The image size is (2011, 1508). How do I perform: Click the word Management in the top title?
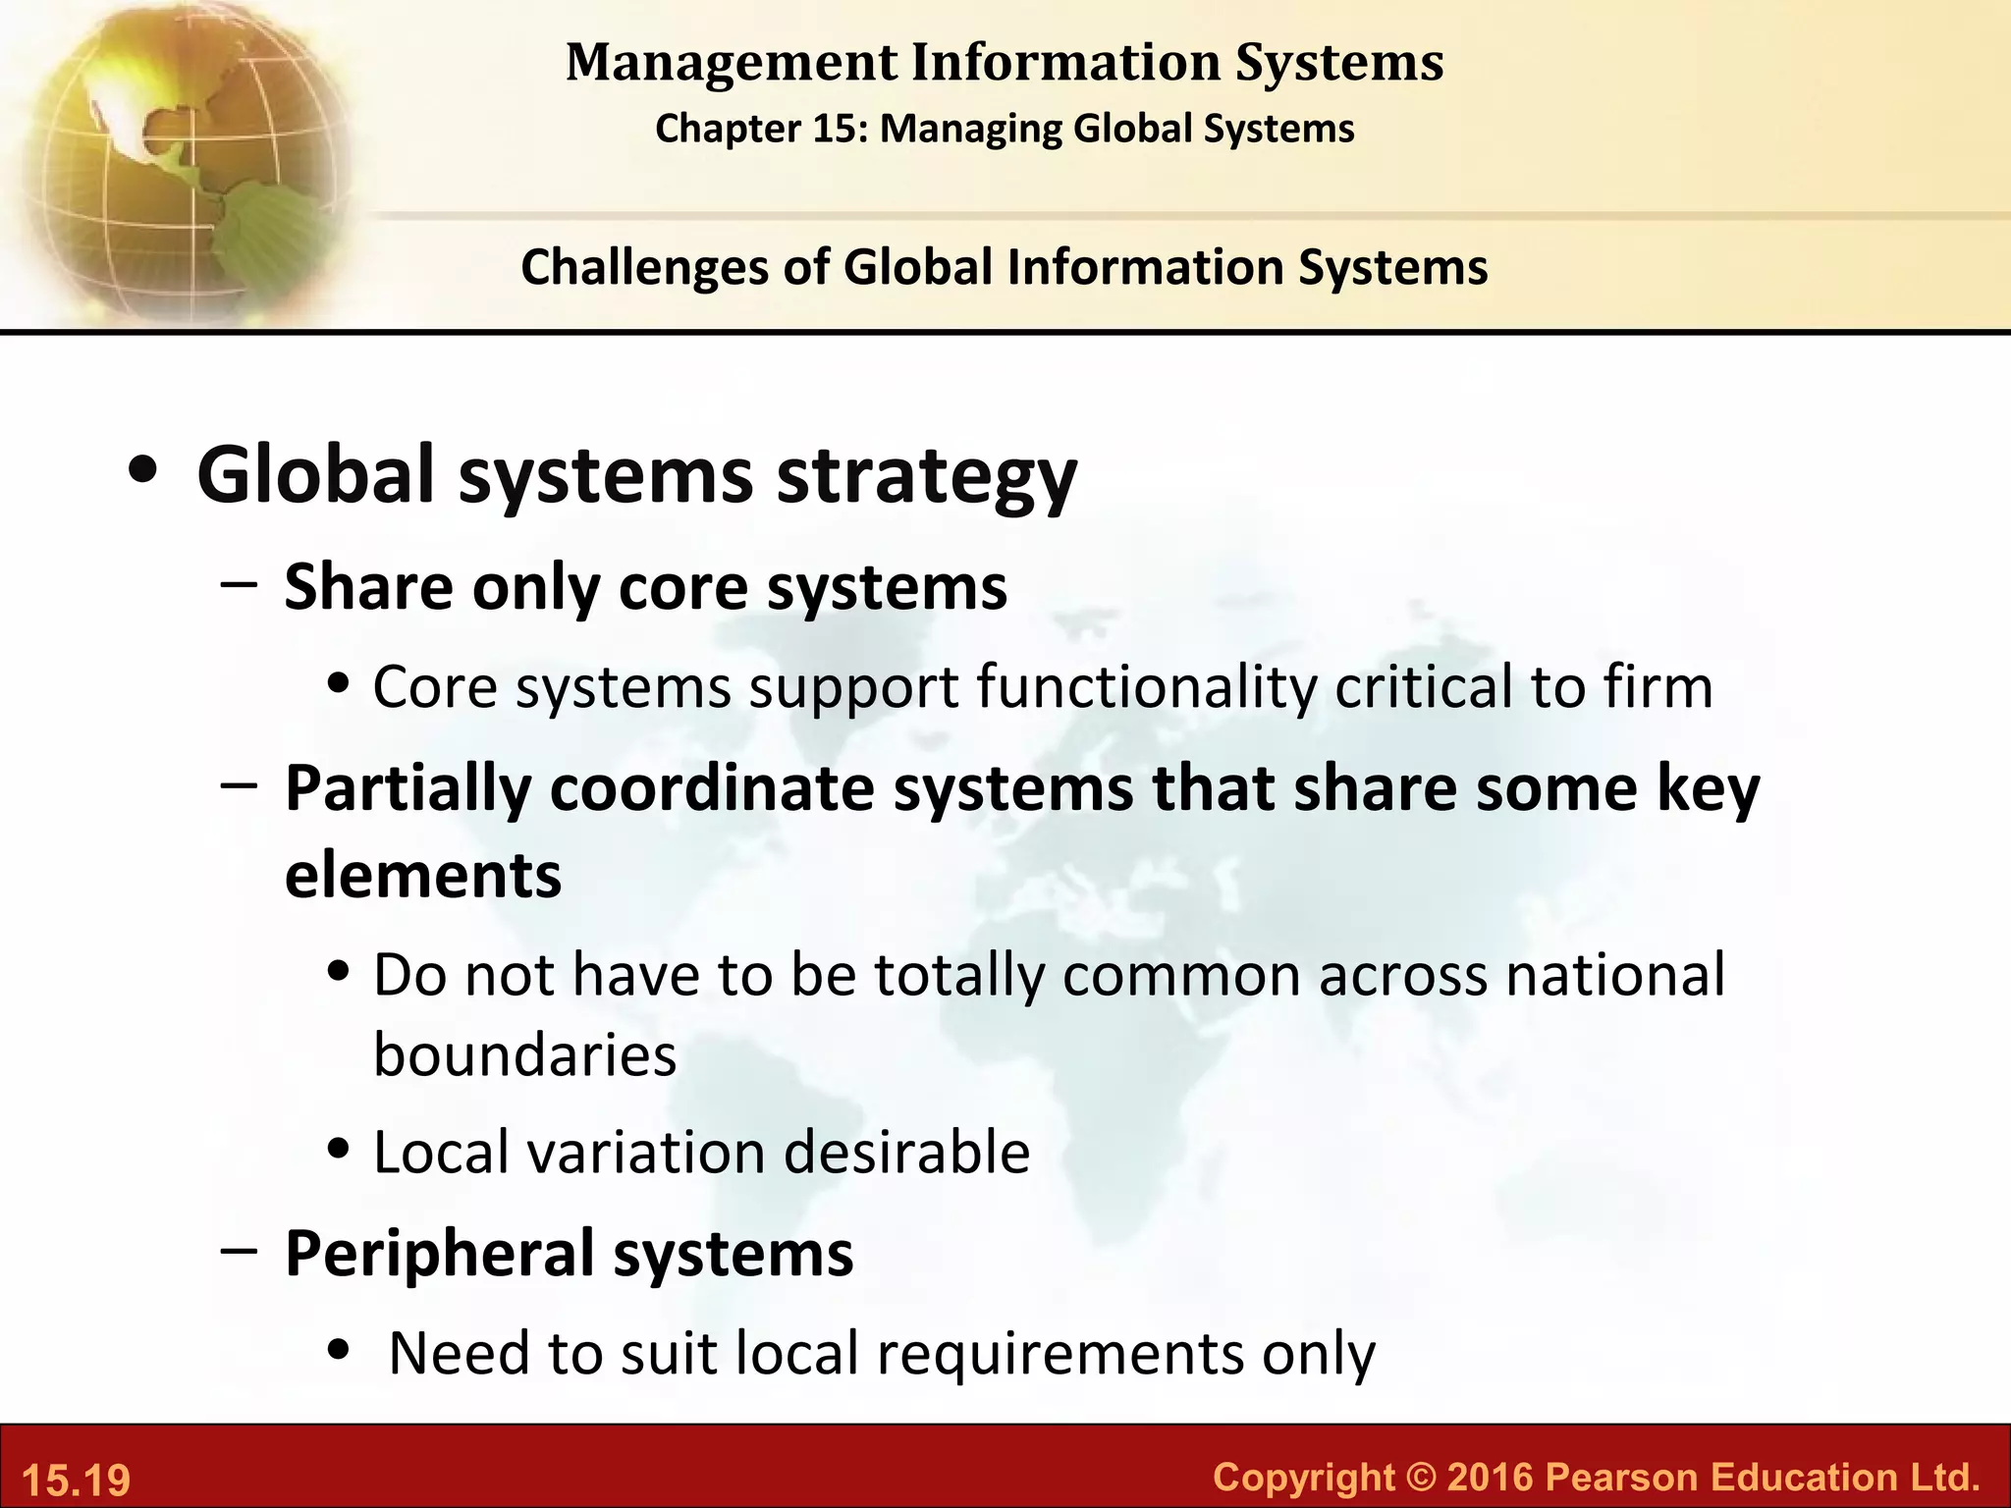point(732,64)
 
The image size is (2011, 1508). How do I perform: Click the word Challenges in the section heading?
point(644,267)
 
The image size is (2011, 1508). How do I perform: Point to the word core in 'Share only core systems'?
point(682,587)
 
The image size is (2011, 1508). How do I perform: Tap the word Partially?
point(408,788)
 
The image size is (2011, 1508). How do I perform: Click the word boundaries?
point(525,1055)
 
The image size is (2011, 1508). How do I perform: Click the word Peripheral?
point(439,1254)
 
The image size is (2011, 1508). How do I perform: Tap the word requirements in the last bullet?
point(1060,1353)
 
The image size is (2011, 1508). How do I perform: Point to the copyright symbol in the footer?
point(1421,1477)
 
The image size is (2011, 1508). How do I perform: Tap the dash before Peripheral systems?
point(240,1252)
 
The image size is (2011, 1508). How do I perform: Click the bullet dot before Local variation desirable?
point(340,1150)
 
